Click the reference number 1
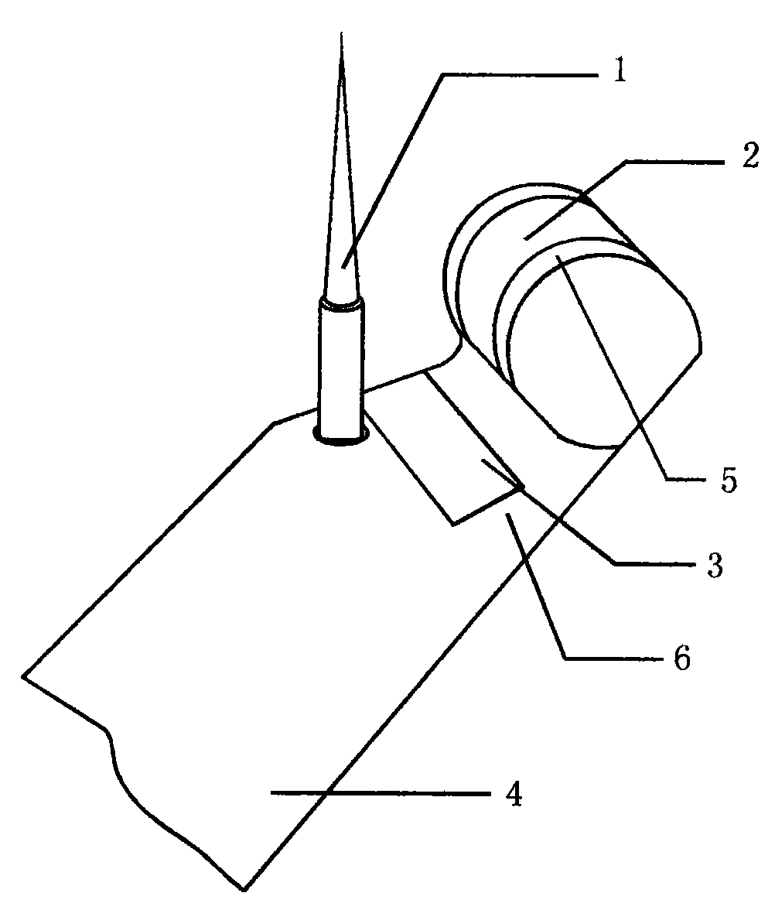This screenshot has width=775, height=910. tap(620, 73)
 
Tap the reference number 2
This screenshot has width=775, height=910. tap(749, 155)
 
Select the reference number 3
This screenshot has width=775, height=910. tap(715, 564)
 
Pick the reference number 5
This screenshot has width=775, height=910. tap(729, 480)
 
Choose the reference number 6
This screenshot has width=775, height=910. tap(682, 658)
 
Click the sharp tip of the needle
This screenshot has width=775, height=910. tap(342, 33)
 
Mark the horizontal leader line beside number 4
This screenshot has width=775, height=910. tap(381, 792)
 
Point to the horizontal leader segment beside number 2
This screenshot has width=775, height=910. tap(676, 162)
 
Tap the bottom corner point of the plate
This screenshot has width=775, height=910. tap(244, 890)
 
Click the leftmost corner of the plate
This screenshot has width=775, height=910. tap(24, 676)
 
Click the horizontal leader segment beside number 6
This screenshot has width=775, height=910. tap(614, 659)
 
